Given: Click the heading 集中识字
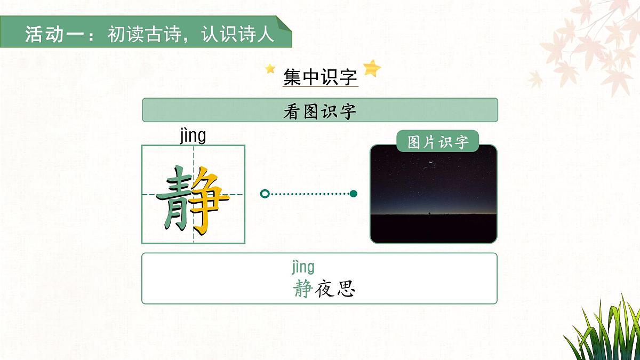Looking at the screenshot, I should tap(320, 77).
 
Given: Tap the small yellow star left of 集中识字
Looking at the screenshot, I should tap(270, 69).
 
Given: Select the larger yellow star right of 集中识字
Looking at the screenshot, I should tap(372, 68).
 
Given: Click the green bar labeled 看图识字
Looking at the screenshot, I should tap(320, 110).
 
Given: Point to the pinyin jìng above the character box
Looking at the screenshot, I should tap(193, 135).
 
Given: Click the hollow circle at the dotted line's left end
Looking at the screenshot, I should tap(264, 194).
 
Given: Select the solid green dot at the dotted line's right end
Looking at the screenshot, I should tap(353, 194).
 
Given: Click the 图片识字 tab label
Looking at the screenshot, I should tap(438, 142).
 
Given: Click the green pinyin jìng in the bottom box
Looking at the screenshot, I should tap(303, 266).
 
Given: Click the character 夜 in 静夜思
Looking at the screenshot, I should tap(324, 289).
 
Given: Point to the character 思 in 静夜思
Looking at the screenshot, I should tap(346, 289).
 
